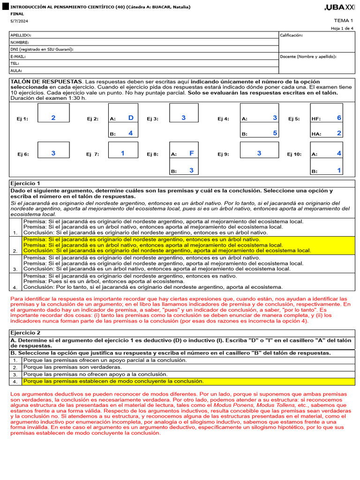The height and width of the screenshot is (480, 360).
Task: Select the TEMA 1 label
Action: pos(343,21)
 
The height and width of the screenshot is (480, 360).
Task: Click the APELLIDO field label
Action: pos(21,35)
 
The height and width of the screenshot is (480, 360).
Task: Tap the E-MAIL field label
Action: pos(18,56)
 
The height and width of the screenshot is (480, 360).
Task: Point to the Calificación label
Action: pos(291,35)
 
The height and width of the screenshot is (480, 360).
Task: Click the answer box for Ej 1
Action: pos(53,113)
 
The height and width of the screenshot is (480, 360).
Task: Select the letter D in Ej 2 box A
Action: pos(131,118)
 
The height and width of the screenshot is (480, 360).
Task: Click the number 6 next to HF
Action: pos(339,118)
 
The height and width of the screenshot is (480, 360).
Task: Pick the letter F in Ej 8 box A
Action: pos(191,153)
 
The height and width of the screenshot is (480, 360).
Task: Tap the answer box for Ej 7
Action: pos(123,150)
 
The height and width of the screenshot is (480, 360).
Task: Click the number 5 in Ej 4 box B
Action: pos(275,133)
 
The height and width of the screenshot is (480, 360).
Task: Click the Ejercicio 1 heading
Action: pos(25,183)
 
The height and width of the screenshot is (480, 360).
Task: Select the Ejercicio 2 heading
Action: pos(25,332)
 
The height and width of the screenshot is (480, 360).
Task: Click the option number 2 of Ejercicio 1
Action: pos(15,251)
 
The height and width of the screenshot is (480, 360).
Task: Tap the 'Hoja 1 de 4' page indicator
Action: pos(342,29)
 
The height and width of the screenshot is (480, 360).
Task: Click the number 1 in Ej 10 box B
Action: pos(339,171)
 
